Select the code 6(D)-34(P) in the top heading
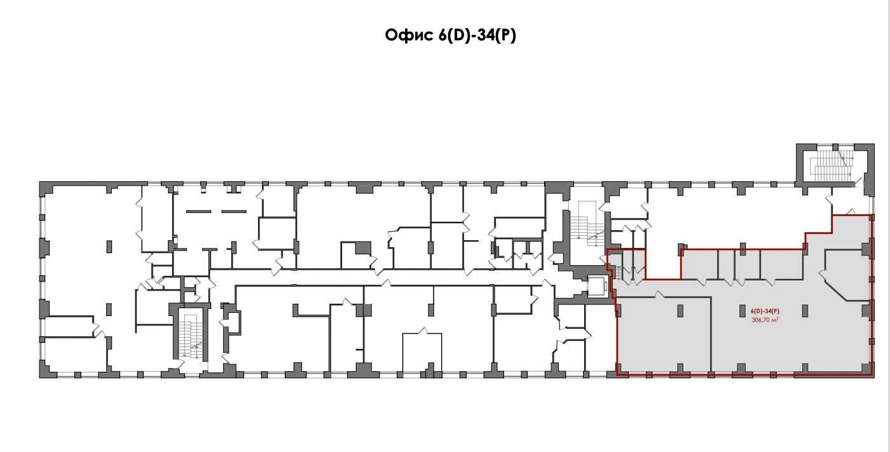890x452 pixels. [x=477, y=36]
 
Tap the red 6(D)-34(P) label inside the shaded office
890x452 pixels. [x=765, y=312]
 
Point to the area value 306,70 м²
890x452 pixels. [x=765, y=320]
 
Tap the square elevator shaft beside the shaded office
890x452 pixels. [x=598, y=285]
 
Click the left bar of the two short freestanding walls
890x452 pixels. [x=198, y=212]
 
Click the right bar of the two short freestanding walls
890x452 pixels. [x=234, y=212]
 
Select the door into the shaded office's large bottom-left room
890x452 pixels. [x=660, y=295]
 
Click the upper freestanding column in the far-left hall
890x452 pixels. [x=109, y=247]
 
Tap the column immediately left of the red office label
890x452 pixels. [x=743, y=311]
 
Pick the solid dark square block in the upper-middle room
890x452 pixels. [x=363, y=248]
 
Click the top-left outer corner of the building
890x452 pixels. [x=39, y=182]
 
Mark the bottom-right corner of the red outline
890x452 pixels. [x=873, y=375]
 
